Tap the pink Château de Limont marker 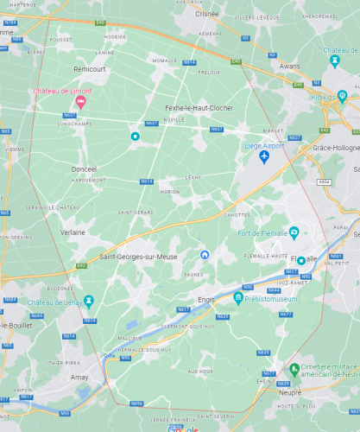[81, 102]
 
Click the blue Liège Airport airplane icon [264, 156]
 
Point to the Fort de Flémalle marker [294, 232]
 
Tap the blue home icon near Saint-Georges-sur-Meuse [205, 254]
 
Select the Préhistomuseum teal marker [237, 298]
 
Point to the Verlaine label [73, 232]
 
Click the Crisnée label [207, 14]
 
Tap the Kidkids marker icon [343, 96]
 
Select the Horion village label [170, 191]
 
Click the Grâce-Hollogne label [337, 148]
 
